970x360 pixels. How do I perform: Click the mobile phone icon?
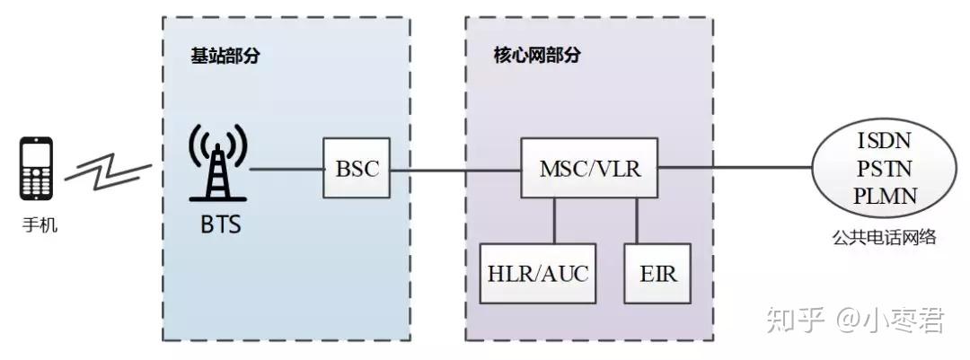(x=37, y=168)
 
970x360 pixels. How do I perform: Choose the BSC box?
(x=357, y=168)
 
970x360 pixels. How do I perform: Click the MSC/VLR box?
(x=589, y=168)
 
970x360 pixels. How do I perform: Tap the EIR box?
(x=657, y=273)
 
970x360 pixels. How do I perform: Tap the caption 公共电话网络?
(x=886, y=237)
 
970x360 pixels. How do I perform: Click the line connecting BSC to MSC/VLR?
(x=455, y=168)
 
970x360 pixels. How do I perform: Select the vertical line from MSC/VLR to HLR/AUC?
(x=554, y=220)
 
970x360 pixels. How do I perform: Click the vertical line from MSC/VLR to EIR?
(x=637, y=220)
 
